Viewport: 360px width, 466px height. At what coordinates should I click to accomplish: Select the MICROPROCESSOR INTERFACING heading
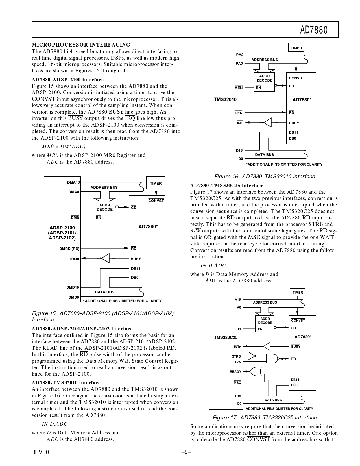point(81,45)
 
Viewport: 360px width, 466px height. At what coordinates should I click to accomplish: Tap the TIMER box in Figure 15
point(156,183)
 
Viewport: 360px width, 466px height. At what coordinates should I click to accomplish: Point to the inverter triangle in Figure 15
point(105,258)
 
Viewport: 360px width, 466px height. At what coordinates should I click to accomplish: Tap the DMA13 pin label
point(73,182)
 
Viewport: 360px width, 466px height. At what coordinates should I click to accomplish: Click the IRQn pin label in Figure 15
point(75,259)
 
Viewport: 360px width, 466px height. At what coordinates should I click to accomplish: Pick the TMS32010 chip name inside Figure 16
point(225,99)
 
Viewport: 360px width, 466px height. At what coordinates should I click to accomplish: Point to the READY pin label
point(235,372)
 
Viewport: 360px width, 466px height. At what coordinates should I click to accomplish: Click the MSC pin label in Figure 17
point(237,383)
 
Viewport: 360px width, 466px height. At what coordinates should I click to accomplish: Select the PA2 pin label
point(239,55)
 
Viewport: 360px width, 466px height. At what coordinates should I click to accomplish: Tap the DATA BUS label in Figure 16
point(264,155)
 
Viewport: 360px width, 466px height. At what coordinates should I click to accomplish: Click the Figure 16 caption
point(265,177)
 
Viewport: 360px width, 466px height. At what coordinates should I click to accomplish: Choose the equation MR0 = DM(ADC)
point(64,147)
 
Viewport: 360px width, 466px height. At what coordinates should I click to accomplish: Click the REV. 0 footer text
point(40,452)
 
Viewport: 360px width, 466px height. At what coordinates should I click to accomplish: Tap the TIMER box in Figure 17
point(298,293)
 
